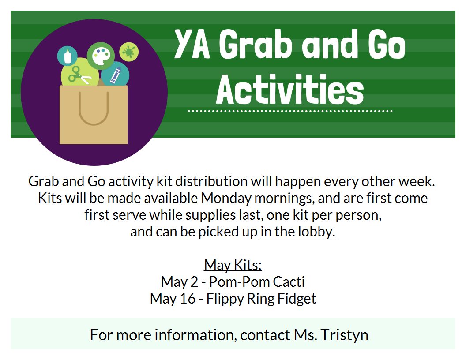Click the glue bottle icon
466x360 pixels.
point(68,56)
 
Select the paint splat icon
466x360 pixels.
point(129,52)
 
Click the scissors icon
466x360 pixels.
point(79,75)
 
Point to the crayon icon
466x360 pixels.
point(116,75)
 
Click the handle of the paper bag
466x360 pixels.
point(94,109)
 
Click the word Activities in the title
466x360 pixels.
point(290,90)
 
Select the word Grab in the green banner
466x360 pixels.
point(256,44)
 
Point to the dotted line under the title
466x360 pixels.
point(290,111)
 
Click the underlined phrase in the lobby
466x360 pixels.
point(298,232)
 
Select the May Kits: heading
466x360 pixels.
point(233,265)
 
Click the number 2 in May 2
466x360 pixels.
point(194,282)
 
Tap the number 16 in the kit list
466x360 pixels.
point(188,299)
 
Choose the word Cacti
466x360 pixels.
point(289,282)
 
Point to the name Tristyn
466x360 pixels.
point(345,335)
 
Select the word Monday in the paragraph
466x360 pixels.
point(226,199)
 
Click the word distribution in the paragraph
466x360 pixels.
point(211,181)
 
